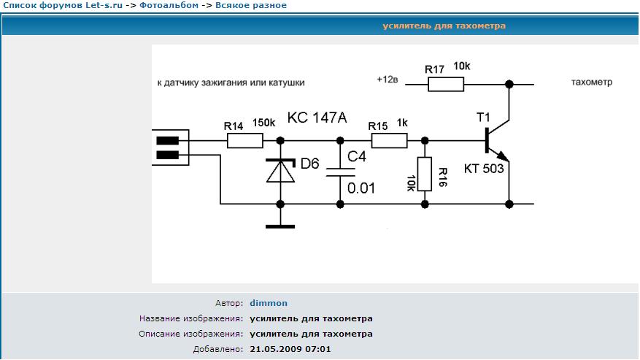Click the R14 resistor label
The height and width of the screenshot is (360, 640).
point(233,126)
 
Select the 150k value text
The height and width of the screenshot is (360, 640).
point(263,123)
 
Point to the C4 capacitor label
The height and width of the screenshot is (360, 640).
point(358,157)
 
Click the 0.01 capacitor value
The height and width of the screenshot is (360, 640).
point(361,188)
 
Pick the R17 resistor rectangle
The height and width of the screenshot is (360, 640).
point(446,84)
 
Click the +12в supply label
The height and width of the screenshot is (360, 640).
point(388,79)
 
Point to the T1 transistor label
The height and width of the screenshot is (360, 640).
point(483,118)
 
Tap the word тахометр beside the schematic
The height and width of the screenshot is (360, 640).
point(591,83)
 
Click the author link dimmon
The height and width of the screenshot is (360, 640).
point(269,303)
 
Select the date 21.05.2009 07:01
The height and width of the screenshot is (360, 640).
point(290,349)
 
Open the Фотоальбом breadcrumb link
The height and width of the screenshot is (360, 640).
point(169,5)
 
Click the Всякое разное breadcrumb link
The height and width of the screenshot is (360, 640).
point(250,5)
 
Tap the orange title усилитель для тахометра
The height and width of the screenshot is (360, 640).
point(444,26)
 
